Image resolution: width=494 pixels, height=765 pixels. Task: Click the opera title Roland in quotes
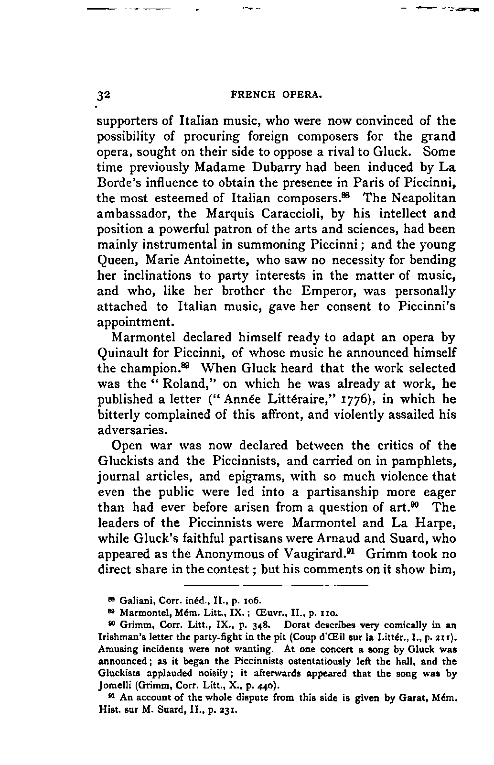tap(172, 384)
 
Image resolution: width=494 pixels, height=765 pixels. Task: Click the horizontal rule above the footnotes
tap(276, 585)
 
